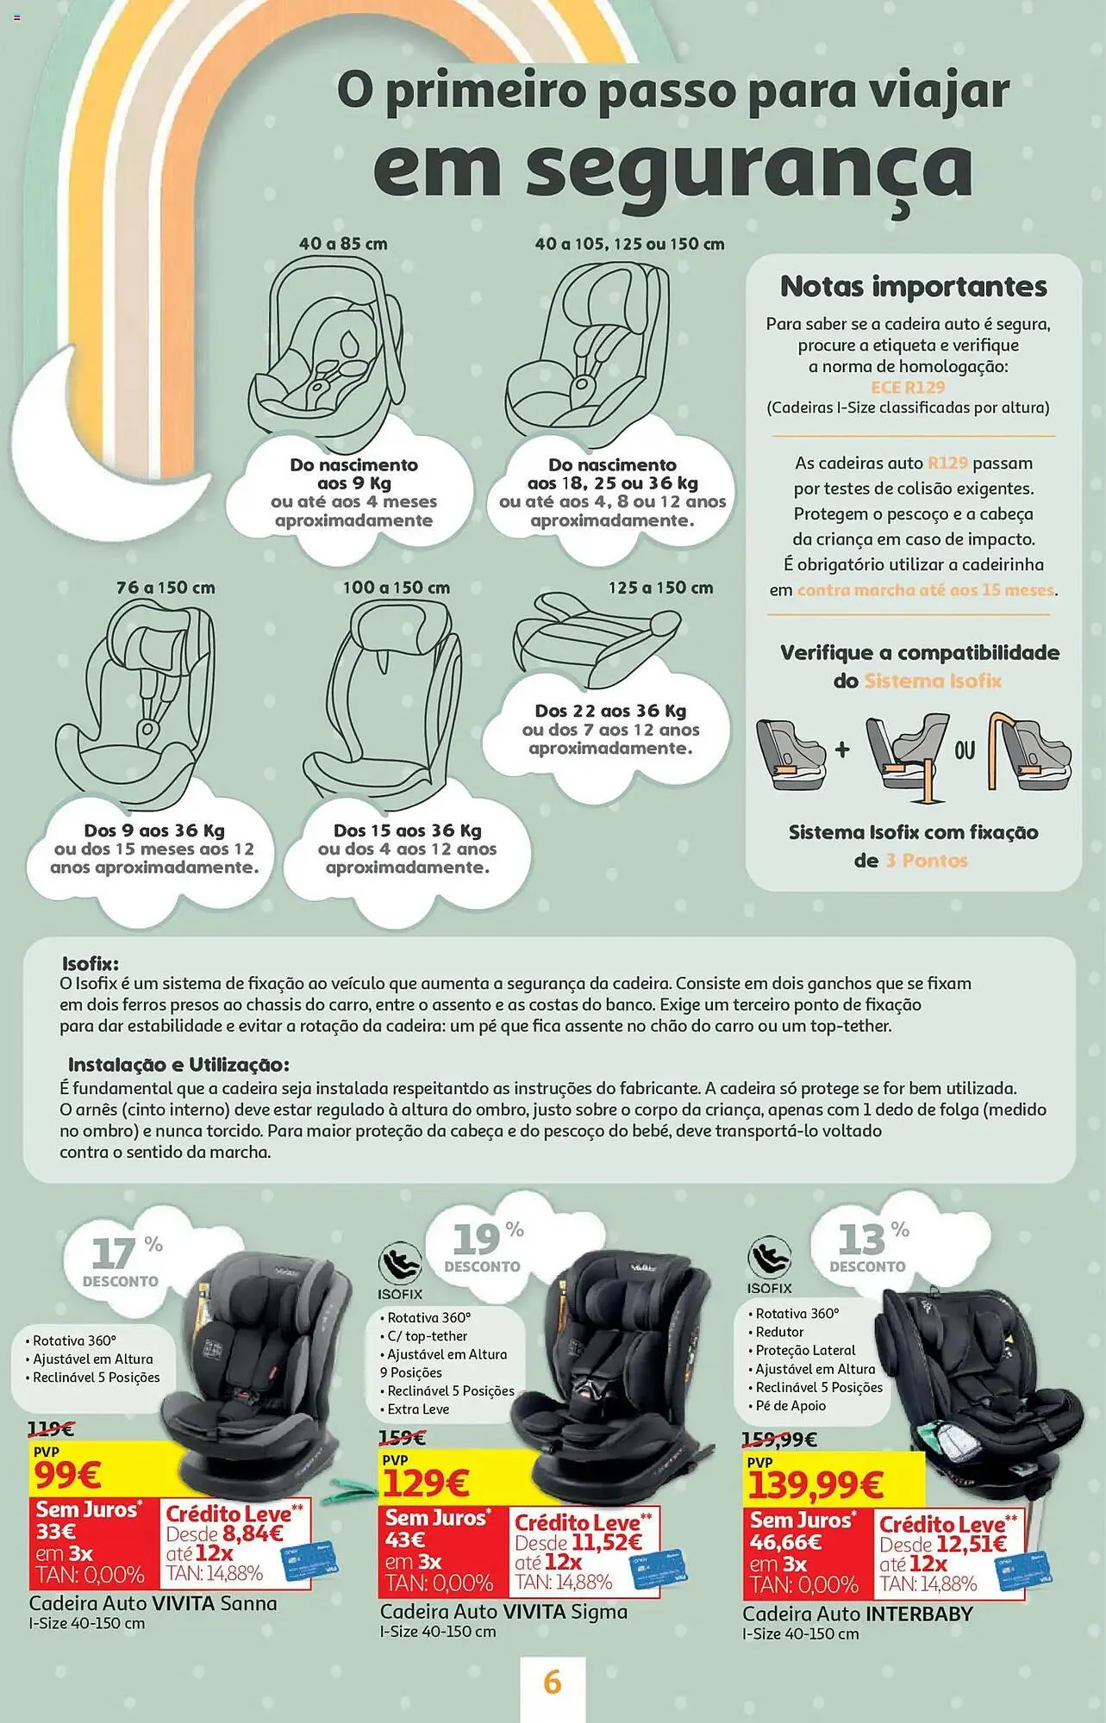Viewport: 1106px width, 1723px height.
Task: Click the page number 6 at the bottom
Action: (553, 1682)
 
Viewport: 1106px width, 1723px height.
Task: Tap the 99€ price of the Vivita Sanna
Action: (68, 1476)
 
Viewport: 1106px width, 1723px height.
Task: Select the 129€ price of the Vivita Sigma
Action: (426, 1483)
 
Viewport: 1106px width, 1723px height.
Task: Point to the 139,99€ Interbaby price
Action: (815, 1484)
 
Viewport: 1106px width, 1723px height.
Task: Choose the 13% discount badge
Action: (869, 1246)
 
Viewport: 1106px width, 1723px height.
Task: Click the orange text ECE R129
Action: (907, 388)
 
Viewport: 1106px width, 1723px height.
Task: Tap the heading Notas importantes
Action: (914, 286)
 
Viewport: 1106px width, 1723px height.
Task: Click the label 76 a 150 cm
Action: (166, 588)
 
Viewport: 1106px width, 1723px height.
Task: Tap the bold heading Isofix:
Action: (91, 963)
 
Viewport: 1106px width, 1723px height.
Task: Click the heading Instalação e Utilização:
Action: (179, 1064)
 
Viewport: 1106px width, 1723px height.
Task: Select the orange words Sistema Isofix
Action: (933, 681)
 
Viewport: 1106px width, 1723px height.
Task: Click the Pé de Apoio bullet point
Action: (787, 1405)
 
